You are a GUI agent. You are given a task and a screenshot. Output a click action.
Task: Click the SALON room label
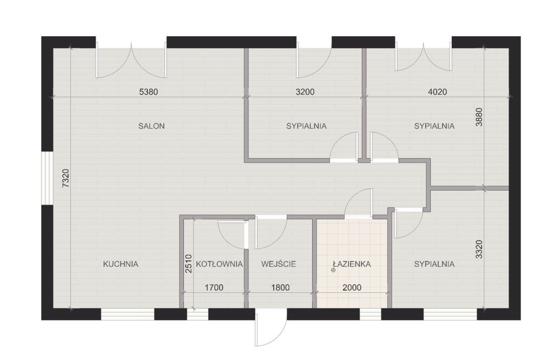click(151, 126)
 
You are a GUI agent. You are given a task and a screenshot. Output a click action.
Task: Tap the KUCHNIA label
click(121, 264)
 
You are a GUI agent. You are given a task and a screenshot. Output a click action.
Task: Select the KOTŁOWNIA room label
click(219, 264)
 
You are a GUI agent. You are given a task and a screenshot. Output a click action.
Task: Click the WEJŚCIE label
click(279, 264)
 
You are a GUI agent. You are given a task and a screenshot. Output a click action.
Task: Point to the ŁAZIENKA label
click(352, 264)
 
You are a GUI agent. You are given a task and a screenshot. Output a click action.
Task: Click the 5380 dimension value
click(148, 92)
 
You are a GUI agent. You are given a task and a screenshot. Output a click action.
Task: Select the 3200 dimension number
click(305, 92)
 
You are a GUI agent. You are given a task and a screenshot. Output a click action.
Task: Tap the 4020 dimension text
click(437, 92)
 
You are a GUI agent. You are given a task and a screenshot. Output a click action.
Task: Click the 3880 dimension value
click(479, 117)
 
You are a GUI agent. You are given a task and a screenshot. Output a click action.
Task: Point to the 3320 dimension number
click(479, 250)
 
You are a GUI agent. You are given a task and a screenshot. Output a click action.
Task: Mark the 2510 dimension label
click(188, 264)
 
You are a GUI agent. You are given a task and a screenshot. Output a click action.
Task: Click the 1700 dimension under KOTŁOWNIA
click(214, 287)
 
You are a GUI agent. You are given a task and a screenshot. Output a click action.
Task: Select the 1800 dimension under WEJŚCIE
click(280, 287)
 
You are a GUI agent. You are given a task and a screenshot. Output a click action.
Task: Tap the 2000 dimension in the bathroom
click(352, 287)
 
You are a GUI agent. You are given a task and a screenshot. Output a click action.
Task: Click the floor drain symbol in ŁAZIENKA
click(333, 270)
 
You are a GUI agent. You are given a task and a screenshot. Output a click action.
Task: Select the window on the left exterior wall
click(47, 178)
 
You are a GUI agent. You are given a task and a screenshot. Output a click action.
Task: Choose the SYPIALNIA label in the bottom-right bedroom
click(434, 264)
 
